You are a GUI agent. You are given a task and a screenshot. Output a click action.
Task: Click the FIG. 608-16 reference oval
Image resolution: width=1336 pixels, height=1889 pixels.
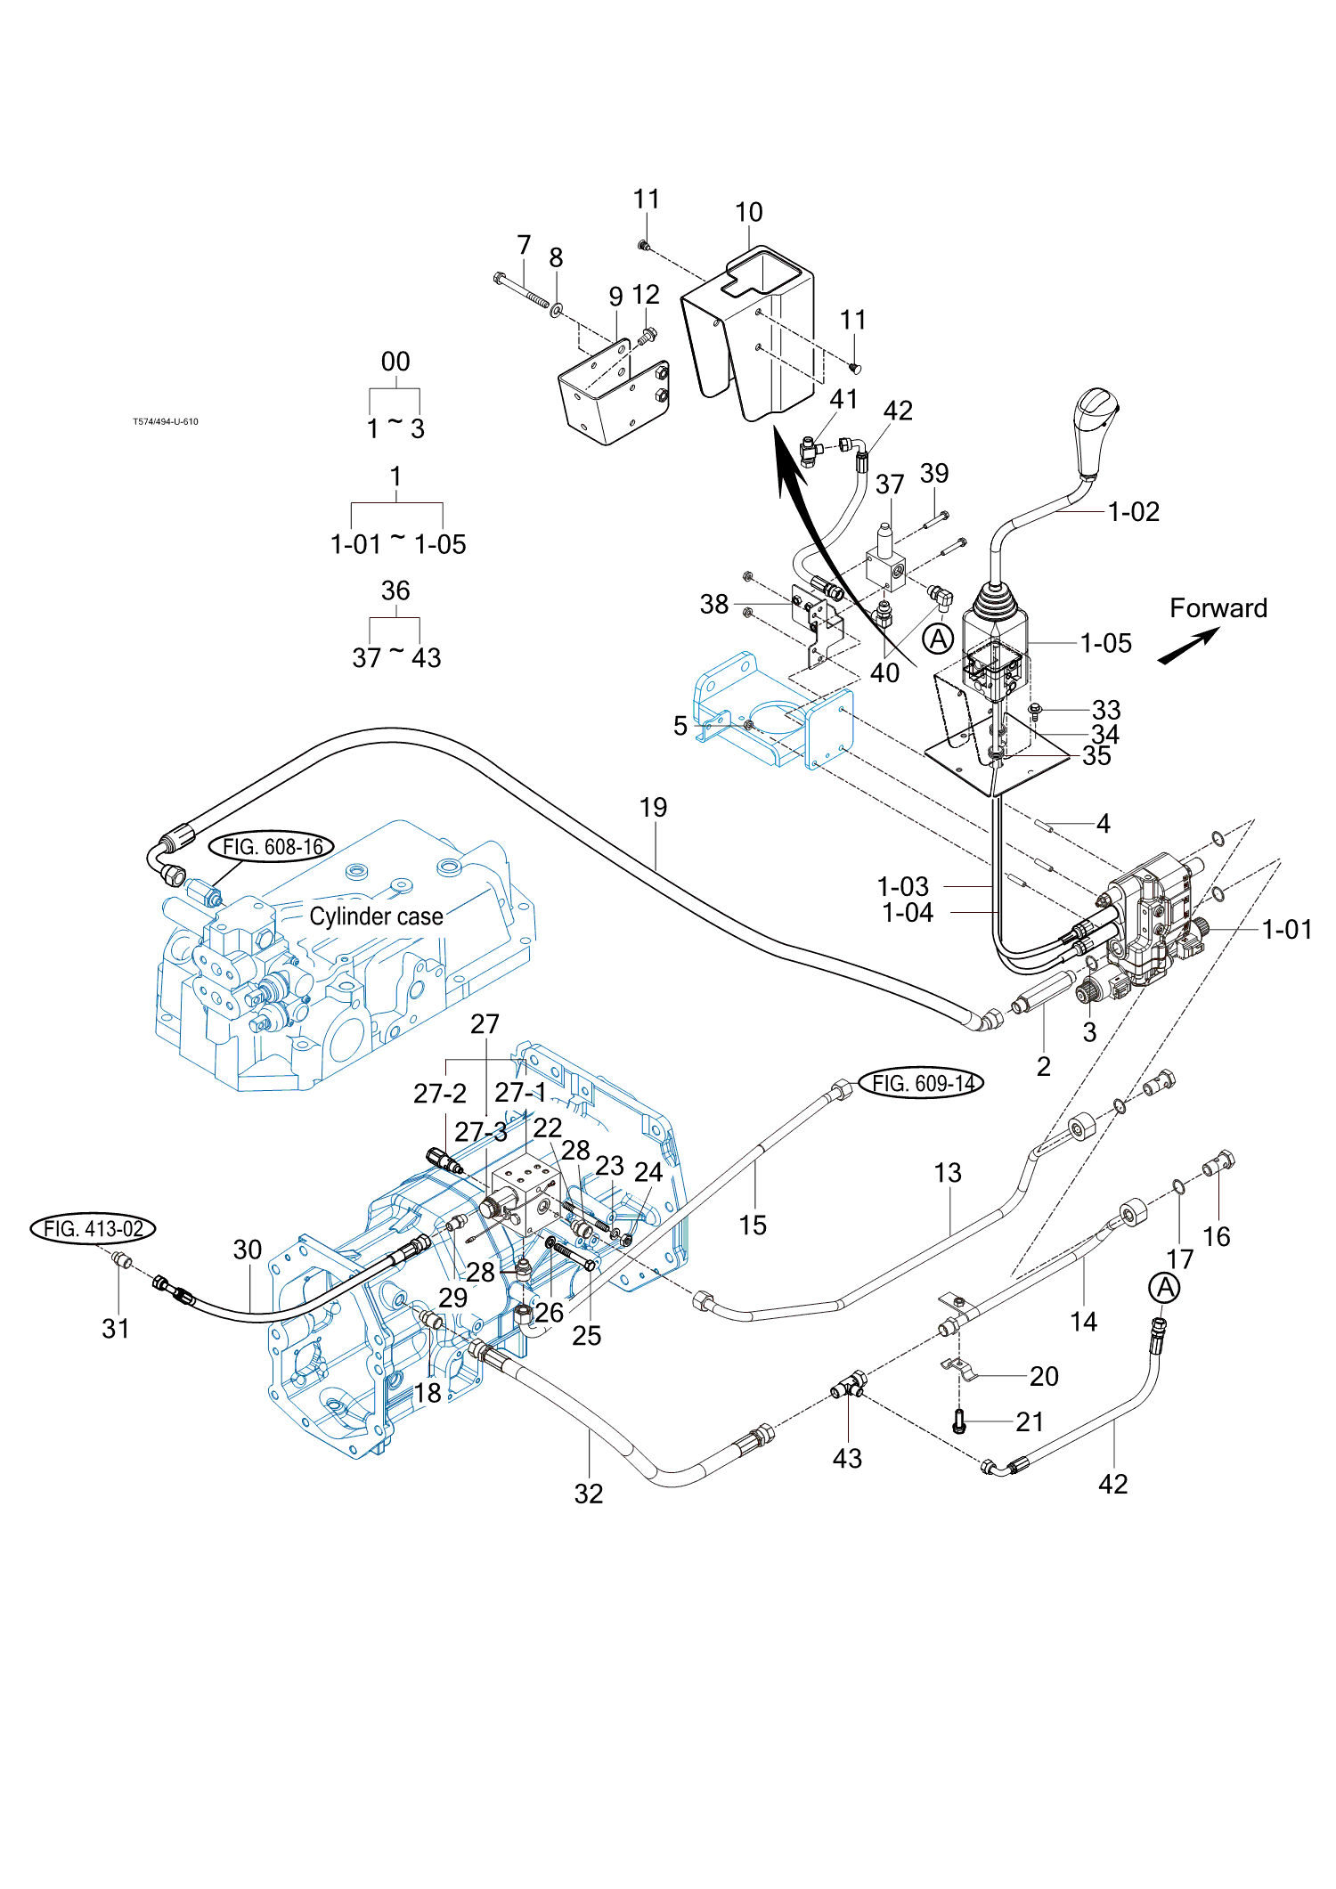click(x=272, y=846)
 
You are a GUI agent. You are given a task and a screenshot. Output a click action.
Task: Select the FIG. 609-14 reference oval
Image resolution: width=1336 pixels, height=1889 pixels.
click(x=922, y=1083)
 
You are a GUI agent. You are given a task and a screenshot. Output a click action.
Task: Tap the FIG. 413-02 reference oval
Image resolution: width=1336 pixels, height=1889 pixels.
click(x=94, y=1229)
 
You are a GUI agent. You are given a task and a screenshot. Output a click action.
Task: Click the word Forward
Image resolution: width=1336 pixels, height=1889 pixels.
click(x=1218, y=608)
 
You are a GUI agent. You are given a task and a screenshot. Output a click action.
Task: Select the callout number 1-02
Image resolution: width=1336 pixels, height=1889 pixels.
click(x=1133, y=512)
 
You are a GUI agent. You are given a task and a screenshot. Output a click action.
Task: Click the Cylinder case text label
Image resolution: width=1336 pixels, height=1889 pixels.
click(x=376, y=916)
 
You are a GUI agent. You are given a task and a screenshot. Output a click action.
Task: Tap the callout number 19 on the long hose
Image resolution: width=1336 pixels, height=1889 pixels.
click(x=653, y=808)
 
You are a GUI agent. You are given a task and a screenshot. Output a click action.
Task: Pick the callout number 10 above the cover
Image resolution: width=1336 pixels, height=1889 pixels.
click(x=749, y=213)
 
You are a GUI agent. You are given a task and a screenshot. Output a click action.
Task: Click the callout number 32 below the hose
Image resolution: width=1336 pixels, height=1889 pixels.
click(x=589, y=1494)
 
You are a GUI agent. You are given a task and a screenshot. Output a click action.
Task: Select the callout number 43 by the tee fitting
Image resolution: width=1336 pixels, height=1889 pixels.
click(x=847, y=1458)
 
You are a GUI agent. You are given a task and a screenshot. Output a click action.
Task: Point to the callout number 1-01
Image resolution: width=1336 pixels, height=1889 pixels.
click(x=1286, y=930)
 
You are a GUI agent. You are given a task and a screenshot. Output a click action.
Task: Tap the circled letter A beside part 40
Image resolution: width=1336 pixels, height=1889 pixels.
click(x=938, y=639)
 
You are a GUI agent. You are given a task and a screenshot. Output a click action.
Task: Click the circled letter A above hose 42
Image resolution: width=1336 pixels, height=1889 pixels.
click(x=1164, y=1288)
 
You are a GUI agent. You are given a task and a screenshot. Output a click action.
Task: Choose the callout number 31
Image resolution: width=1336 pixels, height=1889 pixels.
click(x=116, y=1329)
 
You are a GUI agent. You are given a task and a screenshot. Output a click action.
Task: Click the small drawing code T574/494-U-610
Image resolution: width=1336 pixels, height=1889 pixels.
click(x=166, y=422)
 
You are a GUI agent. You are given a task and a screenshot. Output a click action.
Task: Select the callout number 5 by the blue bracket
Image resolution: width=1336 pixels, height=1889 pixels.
click(x=680, y=726)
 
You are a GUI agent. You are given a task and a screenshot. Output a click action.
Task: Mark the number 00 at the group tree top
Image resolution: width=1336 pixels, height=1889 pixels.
click(x=395, y=362)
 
